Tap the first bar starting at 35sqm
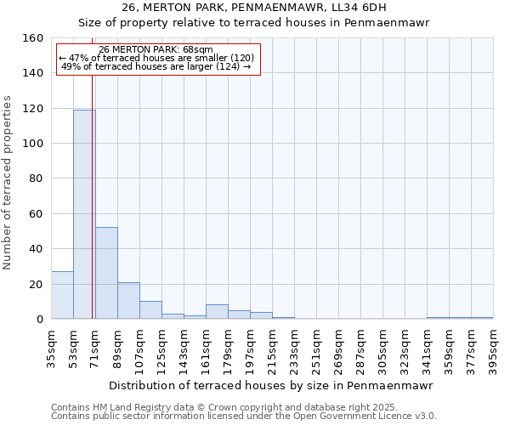[x=62, y=295]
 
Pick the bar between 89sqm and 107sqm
[x=128, y=301]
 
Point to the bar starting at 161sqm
[x=217, y=312]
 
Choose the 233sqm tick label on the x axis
[x=294, y=350]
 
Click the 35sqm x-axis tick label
[x=51, y=350]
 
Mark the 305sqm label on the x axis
[x=382, y=350]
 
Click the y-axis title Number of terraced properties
[x=8, y=183]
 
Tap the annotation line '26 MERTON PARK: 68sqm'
[x=156, y=49]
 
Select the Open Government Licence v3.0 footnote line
[x=243, y=416]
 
